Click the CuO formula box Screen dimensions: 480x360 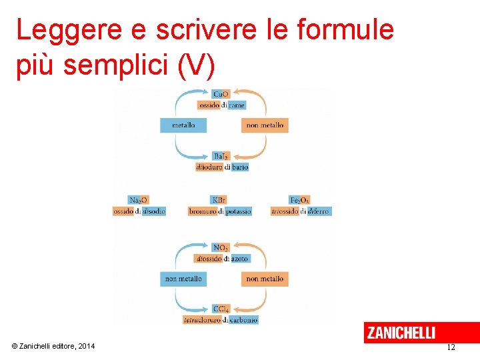(x=221, y=94)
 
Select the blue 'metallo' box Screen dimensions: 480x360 (x=183, y=125)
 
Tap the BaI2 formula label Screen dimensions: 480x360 (x=221, y=156)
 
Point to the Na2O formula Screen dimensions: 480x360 (x=139, y=200)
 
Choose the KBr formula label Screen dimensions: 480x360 (x=219, y=200)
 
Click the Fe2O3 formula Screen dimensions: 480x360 (x=299, y=200)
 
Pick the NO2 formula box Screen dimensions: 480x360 (x=221, y=247)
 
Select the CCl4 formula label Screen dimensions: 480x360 (x=221, y=309)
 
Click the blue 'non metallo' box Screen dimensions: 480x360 (x=183, y=279)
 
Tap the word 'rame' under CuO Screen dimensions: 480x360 (x=237, y=105)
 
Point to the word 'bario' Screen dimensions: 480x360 (x=239, y=167)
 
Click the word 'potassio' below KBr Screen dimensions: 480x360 (x=238, y=211)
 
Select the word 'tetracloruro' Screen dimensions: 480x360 (x=203, y=320)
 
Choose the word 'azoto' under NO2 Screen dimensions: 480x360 (x=240, y=259)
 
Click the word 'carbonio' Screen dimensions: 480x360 (x=244, y=320)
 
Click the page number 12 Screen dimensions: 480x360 (x=451, y=347)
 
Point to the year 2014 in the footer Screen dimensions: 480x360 (x=86, y=346)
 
